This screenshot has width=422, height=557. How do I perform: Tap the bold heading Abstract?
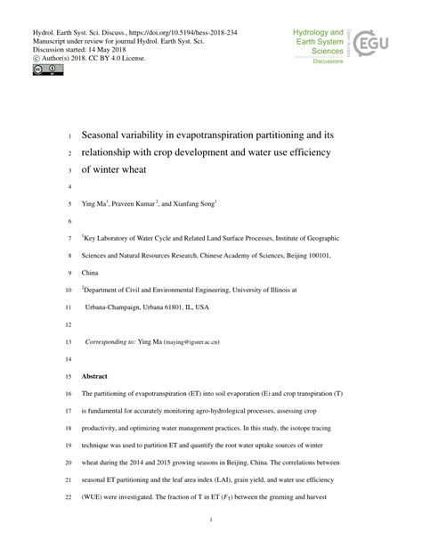pyautogui.click(x=95, y=377)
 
